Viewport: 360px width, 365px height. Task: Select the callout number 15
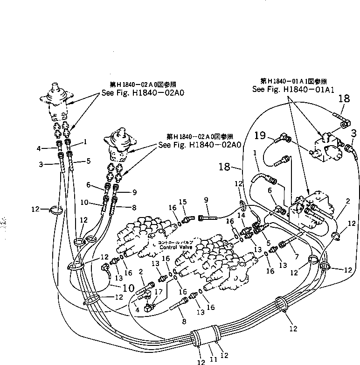tap(183, 202)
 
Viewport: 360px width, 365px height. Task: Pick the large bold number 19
tap(261, 136)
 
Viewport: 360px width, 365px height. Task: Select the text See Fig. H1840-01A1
tap(298, 89)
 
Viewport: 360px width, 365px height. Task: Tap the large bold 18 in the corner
tap(344, 98)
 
